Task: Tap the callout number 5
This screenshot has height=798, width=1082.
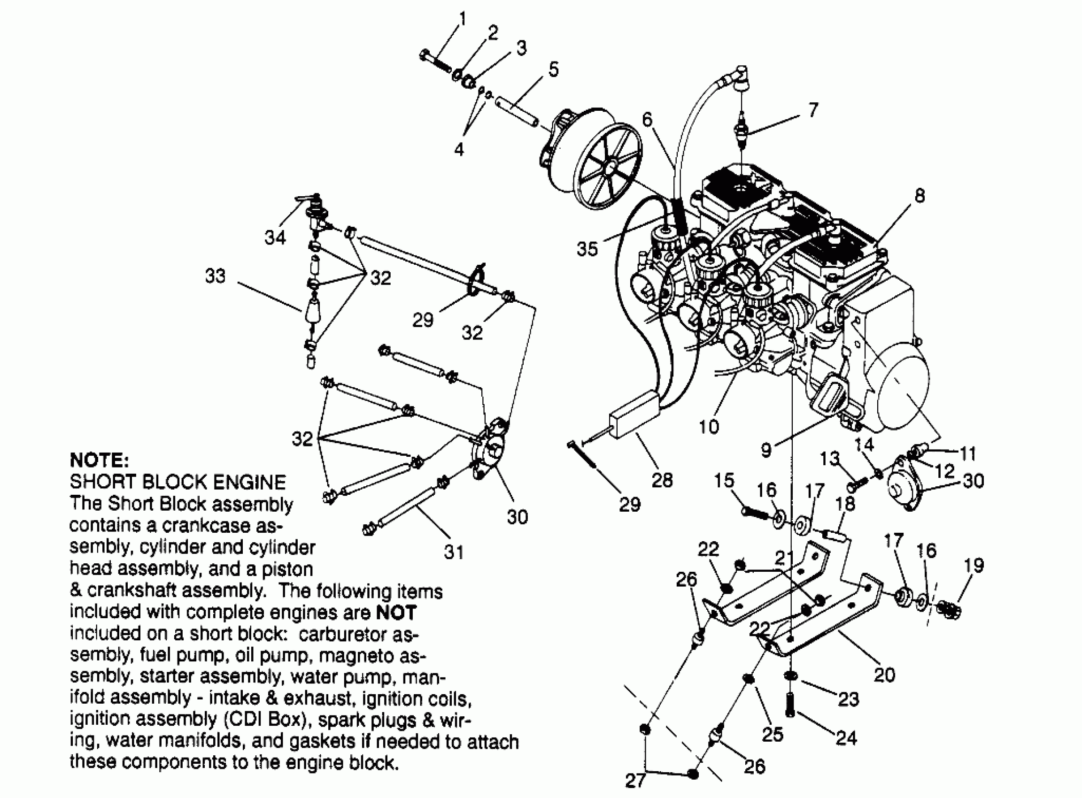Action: click(x=553, y=69)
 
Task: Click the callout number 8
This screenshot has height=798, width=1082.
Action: click(x=919, y=196)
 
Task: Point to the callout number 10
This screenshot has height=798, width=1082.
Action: click(x=709, y=427)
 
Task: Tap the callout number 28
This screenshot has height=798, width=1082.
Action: click(x=662, y=480)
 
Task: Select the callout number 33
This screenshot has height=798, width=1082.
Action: click(x=215, y=276)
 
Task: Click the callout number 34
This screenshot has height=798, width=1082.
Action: click(x=275, y=237)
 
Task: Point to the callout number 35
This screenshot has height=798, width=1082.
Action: click(x=587, y=249)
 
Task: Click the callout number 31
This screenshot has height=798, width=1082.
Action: click(x=454, y=552)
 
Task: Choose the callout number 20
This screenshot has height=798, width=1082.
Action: click(x=884, y=675)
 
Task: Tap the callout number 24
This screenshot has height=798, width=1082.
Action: click(x=846, y=737)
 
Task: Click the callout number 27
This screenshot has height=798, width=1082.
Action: click(x=635, y=780)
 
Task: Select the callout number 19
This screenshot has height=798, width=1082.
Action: click(x=973, y=565)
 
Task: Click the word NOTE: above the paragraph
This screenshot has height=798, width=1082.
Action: click(x=100, y=460)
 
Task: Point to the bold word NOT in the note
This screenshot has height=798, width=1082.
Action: click(x=396, y=612)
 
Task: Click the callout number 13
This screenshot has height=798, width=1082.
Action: click(x=830, y=458)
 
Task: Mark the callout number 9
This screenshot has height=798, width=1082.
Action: click(x=766, y=450)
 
